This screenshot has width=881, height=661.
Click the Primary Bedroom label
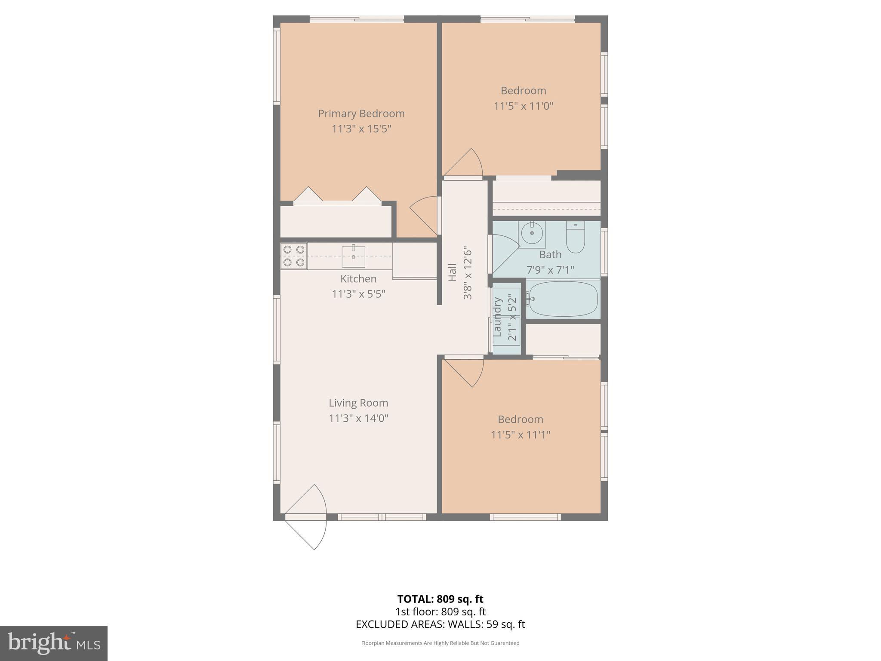coord(361,114)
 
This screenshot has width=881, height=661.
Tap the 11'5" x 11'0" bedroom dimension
coord(523,106)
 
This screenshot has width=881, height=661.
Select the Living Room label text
coord(358,403)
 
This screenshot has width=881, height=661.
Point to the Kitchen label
coord(358,279)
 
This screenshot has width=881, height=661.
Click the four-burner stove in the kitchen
coord(294,256)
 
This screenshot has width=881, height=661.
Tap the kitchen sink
coord(354,256)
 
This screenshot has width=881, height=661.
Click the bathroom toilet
coord(575,237)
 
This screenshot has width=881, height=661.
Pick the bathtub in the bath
coord(563,299)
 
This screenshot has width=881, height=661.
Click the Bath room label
coord(550,255)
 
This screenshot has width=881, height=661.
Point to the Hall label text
coord(452,273)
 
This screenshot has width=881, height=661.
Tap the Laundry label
coord(498,317)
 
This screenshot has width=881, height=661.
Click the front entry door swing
coord(306,517)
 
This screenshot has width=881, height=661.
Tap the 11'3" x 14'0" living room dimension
coord(358,418)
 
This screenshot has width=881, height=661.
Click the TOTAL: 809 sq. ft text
coord(440,599)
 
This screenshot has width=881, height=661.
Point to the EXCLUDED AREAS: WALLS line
coord(440,624)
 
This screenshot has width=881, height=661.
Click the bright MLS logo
coord(54,643)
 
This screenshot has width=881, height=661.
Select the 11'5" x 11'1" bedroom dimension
coord(521,435)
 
